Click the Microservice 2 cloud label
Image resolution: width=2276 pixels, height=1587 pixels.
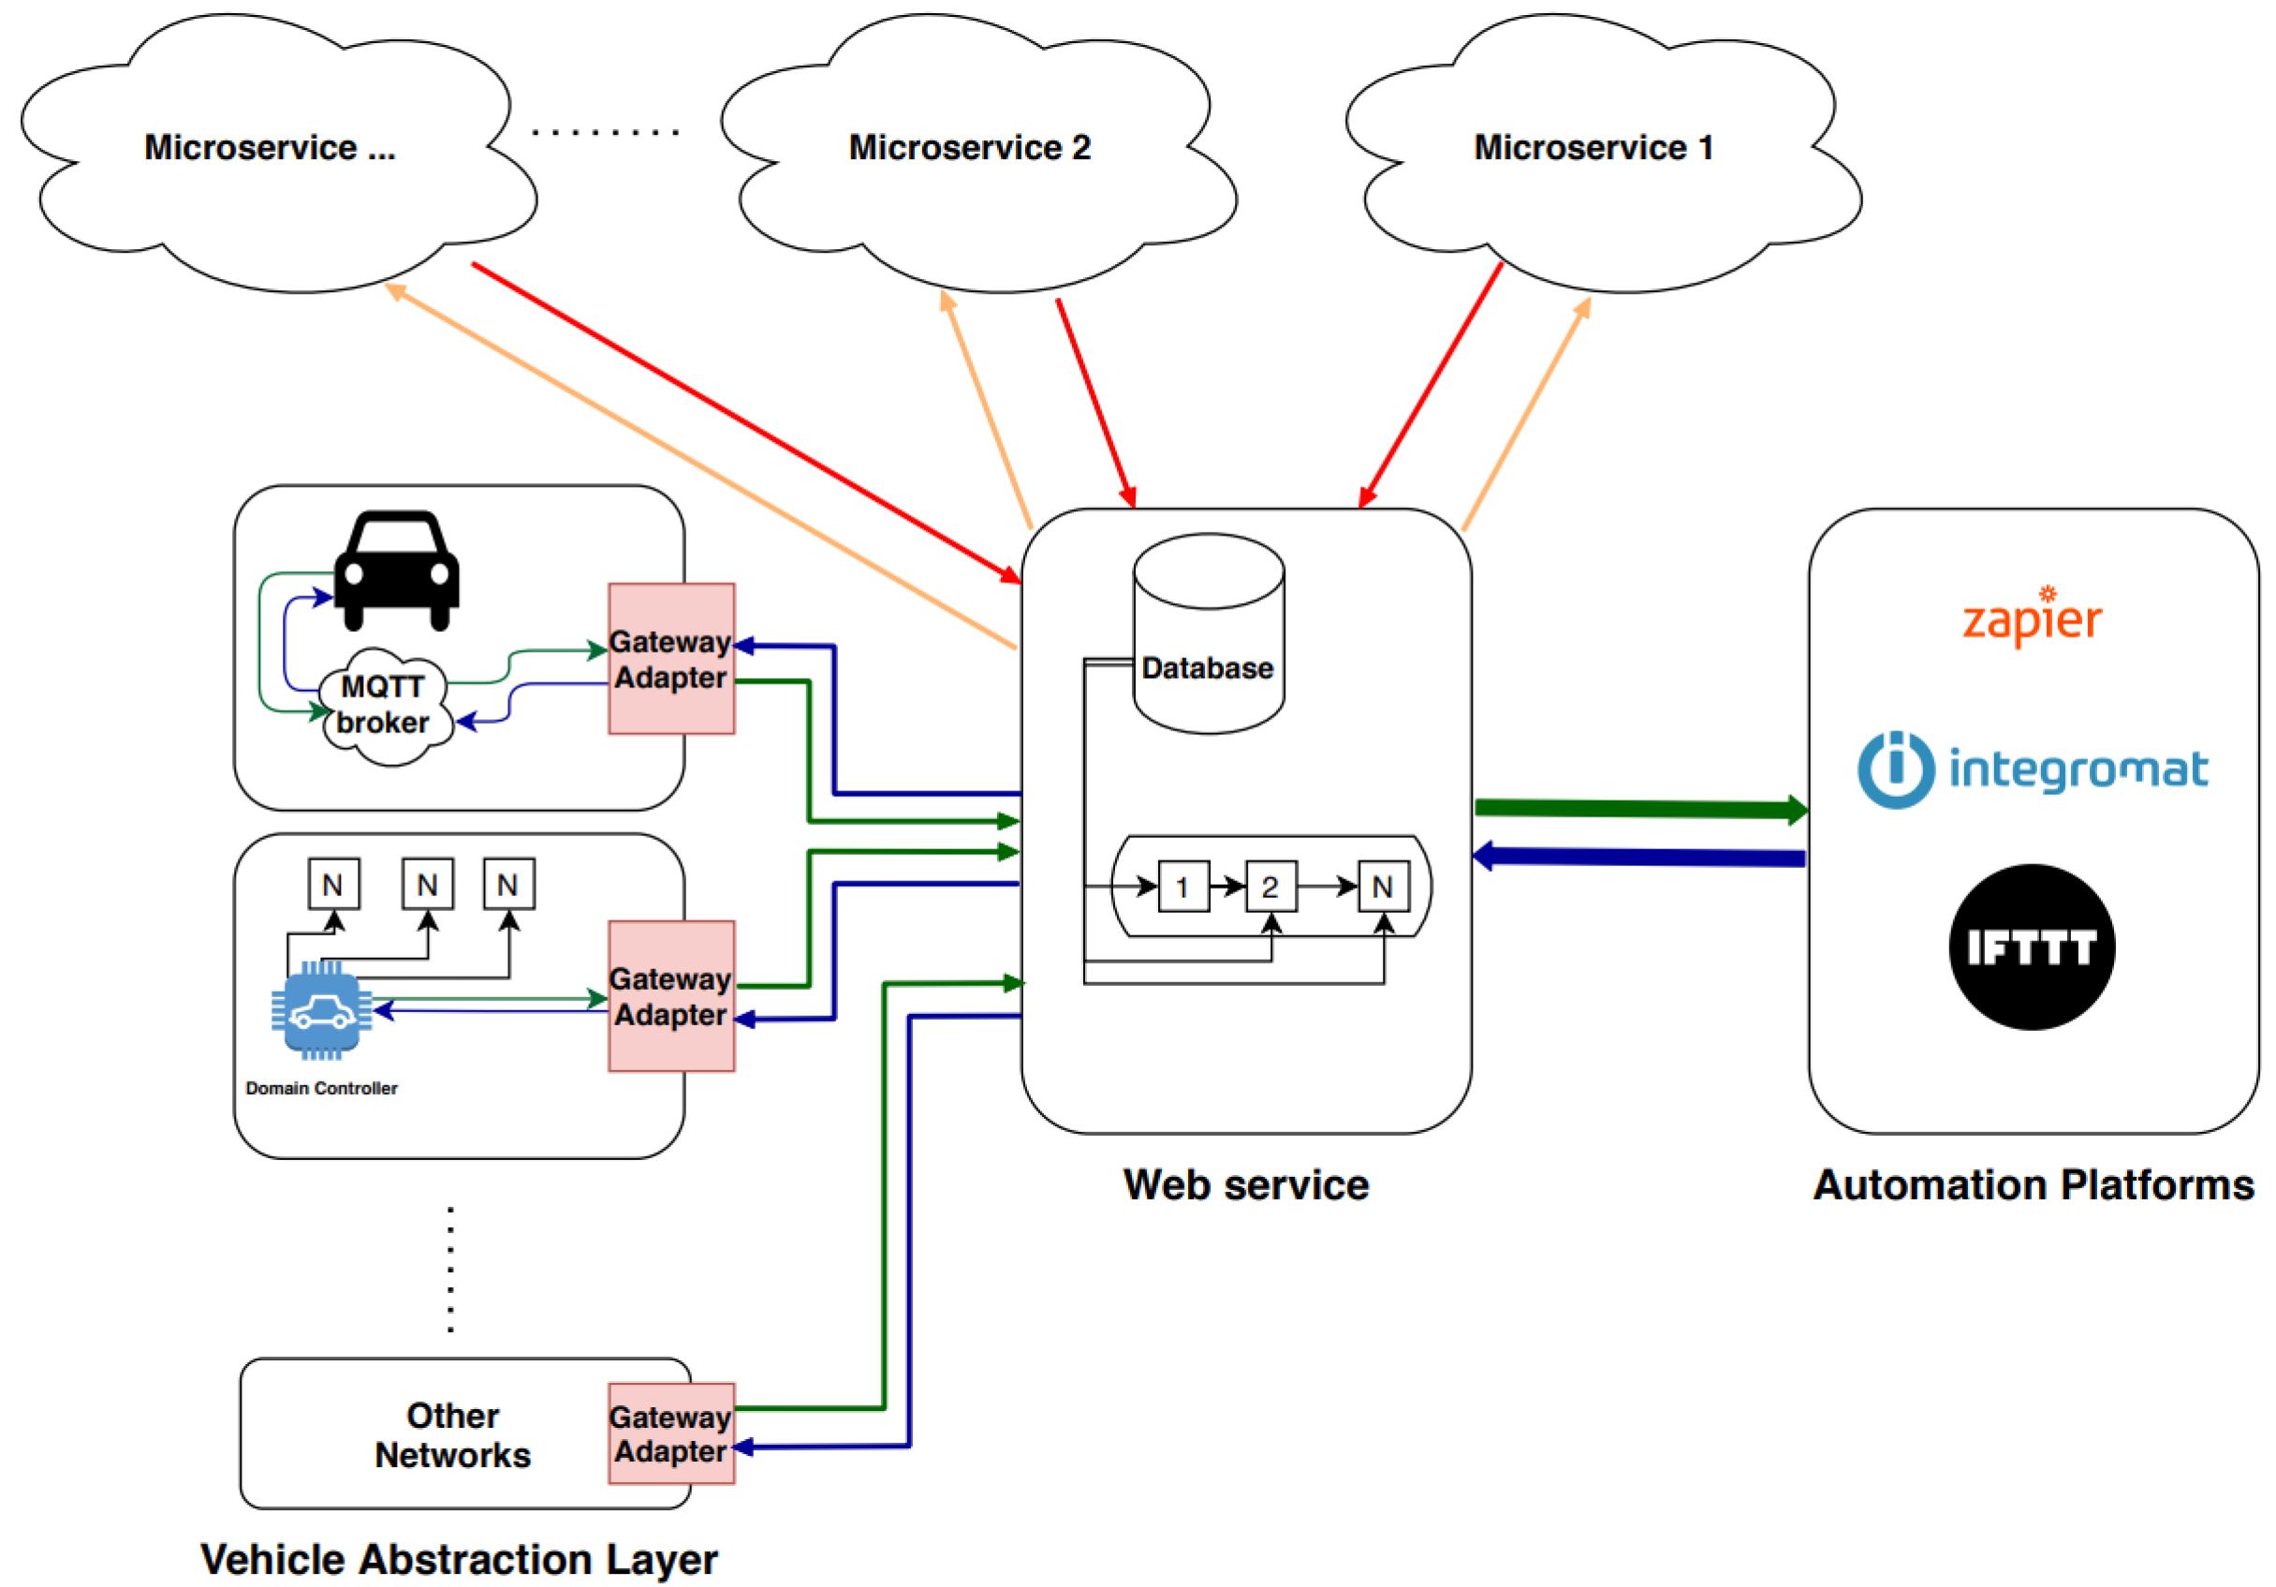click(x=970, y=148)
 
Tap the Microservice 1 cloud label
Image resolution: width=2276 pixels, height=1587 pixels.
click(x=1593, y=148)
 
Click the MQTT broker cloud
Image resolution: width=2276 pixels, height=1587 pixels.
click(x=385, y=706)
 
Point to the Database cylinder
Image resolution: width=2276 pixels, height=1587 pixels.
click(x=1209, y=635)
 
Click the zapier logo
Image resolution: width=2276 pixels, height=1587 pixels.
click(x=2033, y=619)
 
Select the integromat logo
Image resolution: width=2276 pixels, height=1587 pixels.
click(x=2033, y=771)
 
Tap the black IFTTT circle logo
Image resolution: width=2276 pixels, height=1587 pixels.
click(x=2033, y=947)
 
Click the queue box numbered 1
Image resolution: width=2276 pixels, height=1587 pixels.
click(x=1182, y=886)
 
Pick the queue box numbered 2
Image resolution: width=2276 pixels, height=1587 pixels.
click(x=1270, y=886)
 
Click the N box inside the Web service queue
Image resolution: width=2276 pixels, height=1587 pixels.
click(x=1383, y=886)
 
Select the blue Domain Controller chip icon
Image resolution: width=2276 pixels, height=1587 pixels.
click(x=321, y=1011)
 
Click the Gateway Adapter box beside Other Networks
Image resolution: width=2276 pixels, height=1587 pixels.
click(x=671, y=1433)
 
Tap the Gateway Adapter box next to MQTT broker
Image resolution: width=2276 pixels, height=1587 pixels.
click(x=671, y=659)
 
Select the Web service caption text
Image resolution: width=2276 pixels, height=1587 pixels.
click(x=1246, y=1185)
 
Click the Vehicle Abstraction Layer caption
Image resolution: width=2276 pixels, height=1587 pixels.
click(x=459, y=1559)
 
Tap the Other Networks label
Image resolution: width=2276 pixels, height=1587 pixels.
click(x=453, y=1435)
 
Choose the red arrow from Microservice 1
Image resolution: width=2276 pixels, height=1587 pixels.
click(x=1431, y=386)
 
